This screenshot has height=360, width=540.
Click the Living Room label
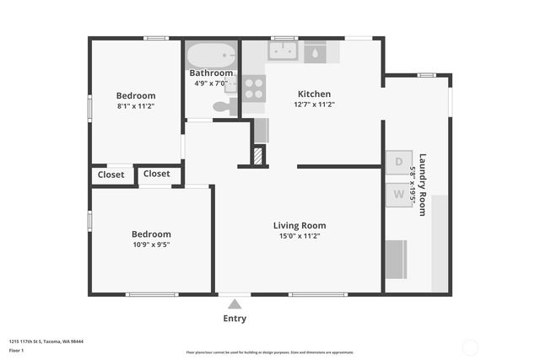click(299, 225)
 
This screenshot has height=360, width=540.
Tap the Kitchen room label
click(314, 94)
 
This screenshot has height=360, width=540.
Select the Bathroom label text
click(211, 73)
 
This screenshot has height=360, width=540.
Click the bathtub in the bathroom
click(211, 56)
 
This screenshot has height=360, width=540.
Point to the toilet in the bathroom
click(224, 106)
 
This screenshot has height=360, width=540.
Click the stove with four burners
click(254, 88)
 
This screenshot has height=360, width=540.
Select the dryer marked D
click(398, 162)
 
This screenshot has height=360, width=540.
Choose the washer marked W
click(398, 195)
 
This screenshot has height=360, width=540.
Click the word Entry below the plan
click(235, 319)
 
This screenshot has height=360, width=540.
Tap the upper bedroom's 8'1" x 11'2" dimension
click(135, 106)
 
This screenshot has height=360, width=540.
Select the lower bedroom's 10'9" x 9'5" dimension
click(151, 244)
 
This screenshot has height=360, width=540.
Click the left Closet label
click(111, 175)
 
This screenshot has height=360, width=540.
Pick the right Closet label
click(156, 174)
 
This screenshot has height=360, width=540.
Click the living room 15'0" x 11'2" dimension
click(299, 236)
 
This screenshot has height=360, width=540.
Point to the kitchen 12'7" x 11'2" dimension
click(314, 105)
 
